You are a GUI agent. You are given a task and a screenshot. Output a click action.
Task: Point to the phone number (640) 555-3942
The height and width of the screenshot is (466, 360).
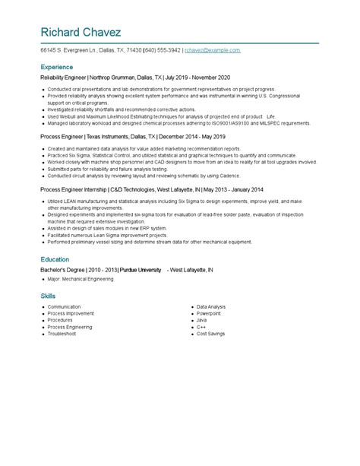pos(161,50)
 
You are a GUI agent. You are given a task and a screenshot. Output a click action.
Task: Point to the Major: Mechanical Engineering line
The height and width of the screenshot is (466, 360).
pos(80,279)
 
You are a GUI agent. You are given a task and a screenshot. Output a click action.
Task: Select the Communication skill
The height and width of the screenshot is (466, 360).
pos(64,306)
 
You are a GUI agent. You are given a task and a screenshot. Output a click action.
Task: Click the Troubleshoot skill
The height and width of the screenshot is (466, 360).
pos(62,334)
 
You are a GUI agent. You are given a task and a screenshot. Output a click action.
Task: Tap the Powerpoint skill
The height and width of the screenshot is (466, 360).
pos(209,313)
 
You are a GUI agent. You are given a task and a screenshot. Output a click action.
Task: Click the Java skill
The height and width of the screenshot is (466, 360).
pos(201,320)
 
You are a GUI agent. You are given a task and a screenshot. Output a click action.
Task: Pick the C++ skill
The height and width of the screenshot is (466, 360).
pos(201,327)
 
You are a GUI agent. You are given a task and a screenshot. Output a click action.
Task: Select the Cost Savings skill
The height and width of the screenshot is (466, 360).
pos(211,334)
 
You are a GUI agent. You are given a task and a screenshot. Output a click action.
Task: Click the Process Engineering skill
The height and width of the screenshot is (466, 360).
pos(70,327)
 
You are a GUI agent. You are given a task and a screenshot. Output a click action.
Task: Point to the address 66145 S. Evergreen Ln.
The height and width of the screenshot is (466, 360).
pos(69,50)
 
